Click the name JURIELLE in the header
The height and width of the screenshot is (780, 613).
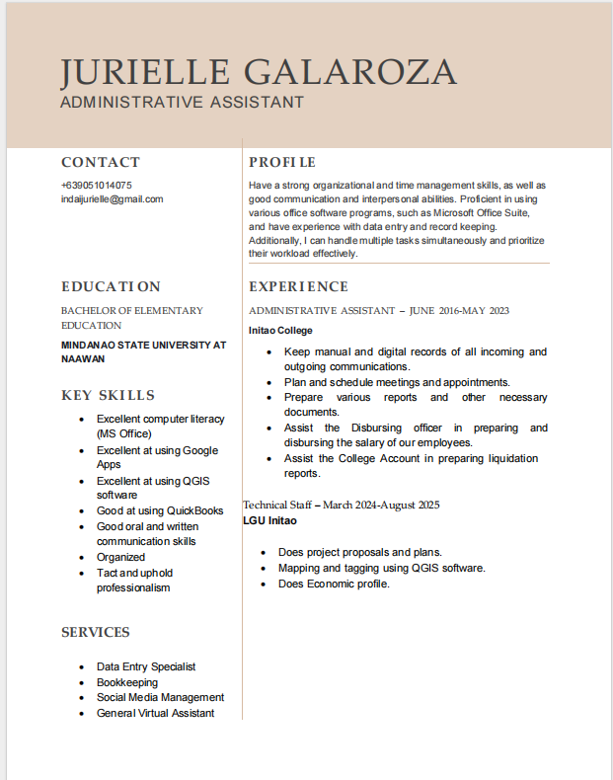(x=145, y=72)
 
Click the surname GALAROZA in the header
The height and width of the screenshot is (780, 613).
(x=349, y=72)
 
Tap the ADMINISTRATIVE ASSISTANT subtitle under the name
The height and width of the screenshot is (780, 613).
(x=182, y=102)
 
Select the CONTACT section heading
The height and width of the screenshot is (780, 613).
(x=101, y=162)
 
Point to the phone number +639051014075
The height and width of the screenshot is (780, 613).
(x=96, y=185)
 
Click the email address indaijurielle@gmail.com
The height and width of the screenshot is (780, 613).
(x=112, y=198)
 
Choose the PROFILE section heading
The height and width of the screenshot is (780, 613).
(x=282, y=162)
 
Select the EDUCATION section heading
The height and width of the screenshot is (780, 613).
(x=111, y=286)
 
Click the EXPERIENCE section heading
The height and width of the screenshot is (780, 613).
(x=298, y=286)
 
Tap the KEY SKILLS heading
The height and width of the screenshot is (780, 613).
(x=108, y=395)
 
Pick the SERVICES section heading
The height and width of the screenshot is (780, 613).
(x=96, y=632)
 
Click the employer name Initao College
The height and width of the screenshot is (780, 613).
(x=280, y=330)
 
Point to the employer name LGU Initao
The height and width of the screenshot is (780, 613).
(x=269, y=520)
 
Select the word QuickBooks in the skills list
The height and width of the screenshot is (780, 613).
(x=193, y=510)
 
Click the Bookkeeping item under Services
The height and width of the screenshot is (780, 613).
(x=126, y=682)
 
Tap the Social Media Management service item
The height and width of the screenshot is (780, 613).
(x=160, y=697)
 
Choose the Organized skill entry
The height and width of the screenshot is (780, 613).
(x=120, y=557)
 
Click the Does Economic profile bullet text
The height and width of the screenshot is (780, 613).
(x=334, y=584)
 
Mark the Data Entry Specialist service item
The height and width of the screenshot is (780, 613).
(x=146, y=666)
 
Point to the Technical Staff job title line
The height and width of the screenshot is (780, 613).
(x=342, y=505)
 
